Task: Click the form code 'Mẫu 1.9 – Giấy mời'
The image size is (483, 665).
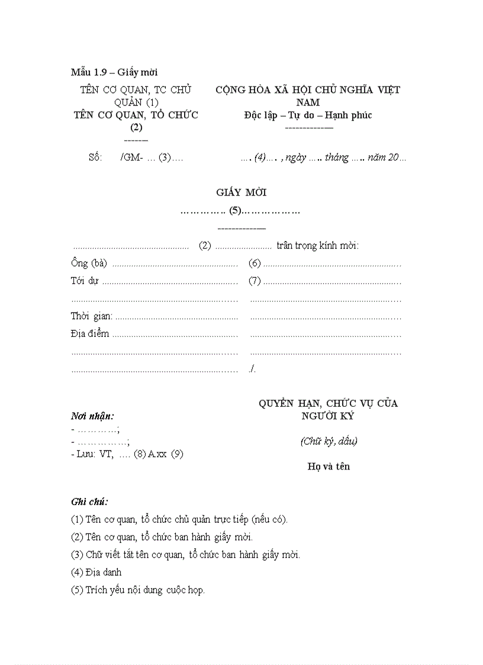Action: tap(114, 73)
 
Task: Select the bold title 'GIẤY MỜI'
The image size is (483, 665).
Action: tap(241, 192)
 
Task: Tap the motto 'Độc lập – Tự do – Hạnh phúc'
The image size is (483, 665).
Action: tap(308, 115)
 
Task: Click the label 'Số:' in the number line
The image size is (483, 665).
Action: tap(95, 158)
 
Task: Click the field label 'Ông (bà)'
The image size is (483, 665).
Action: tap(89, 264)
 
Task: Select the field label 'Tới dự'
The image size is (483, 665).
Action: tap(84, 281)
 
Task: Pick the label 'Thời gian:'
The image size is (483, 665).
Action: tap(92, 317)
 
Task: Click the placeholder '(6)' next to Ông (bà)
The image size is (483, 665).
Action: tap(255, 264)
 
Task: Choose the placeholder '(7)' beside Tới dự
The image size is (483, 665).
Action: tap(255, 281)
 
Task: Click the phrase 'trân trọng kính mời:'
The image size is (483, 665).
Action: tap(318, 246)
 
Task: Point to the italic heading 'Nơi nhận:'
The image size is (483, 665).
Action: tap(93, 416)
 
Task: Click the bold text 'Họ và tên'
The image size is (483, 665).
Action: tap(329, 467)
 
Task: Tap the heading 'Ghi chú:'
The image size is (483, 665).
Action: tap(89, 502)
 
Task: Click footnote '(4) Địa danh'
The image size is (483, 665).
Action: tap(96, 573)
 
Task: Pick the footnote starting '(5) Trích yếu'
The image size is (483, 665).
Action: tap(138, 590)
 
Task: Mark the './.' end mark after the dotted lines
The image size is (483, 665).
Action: tap(253, 370)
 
